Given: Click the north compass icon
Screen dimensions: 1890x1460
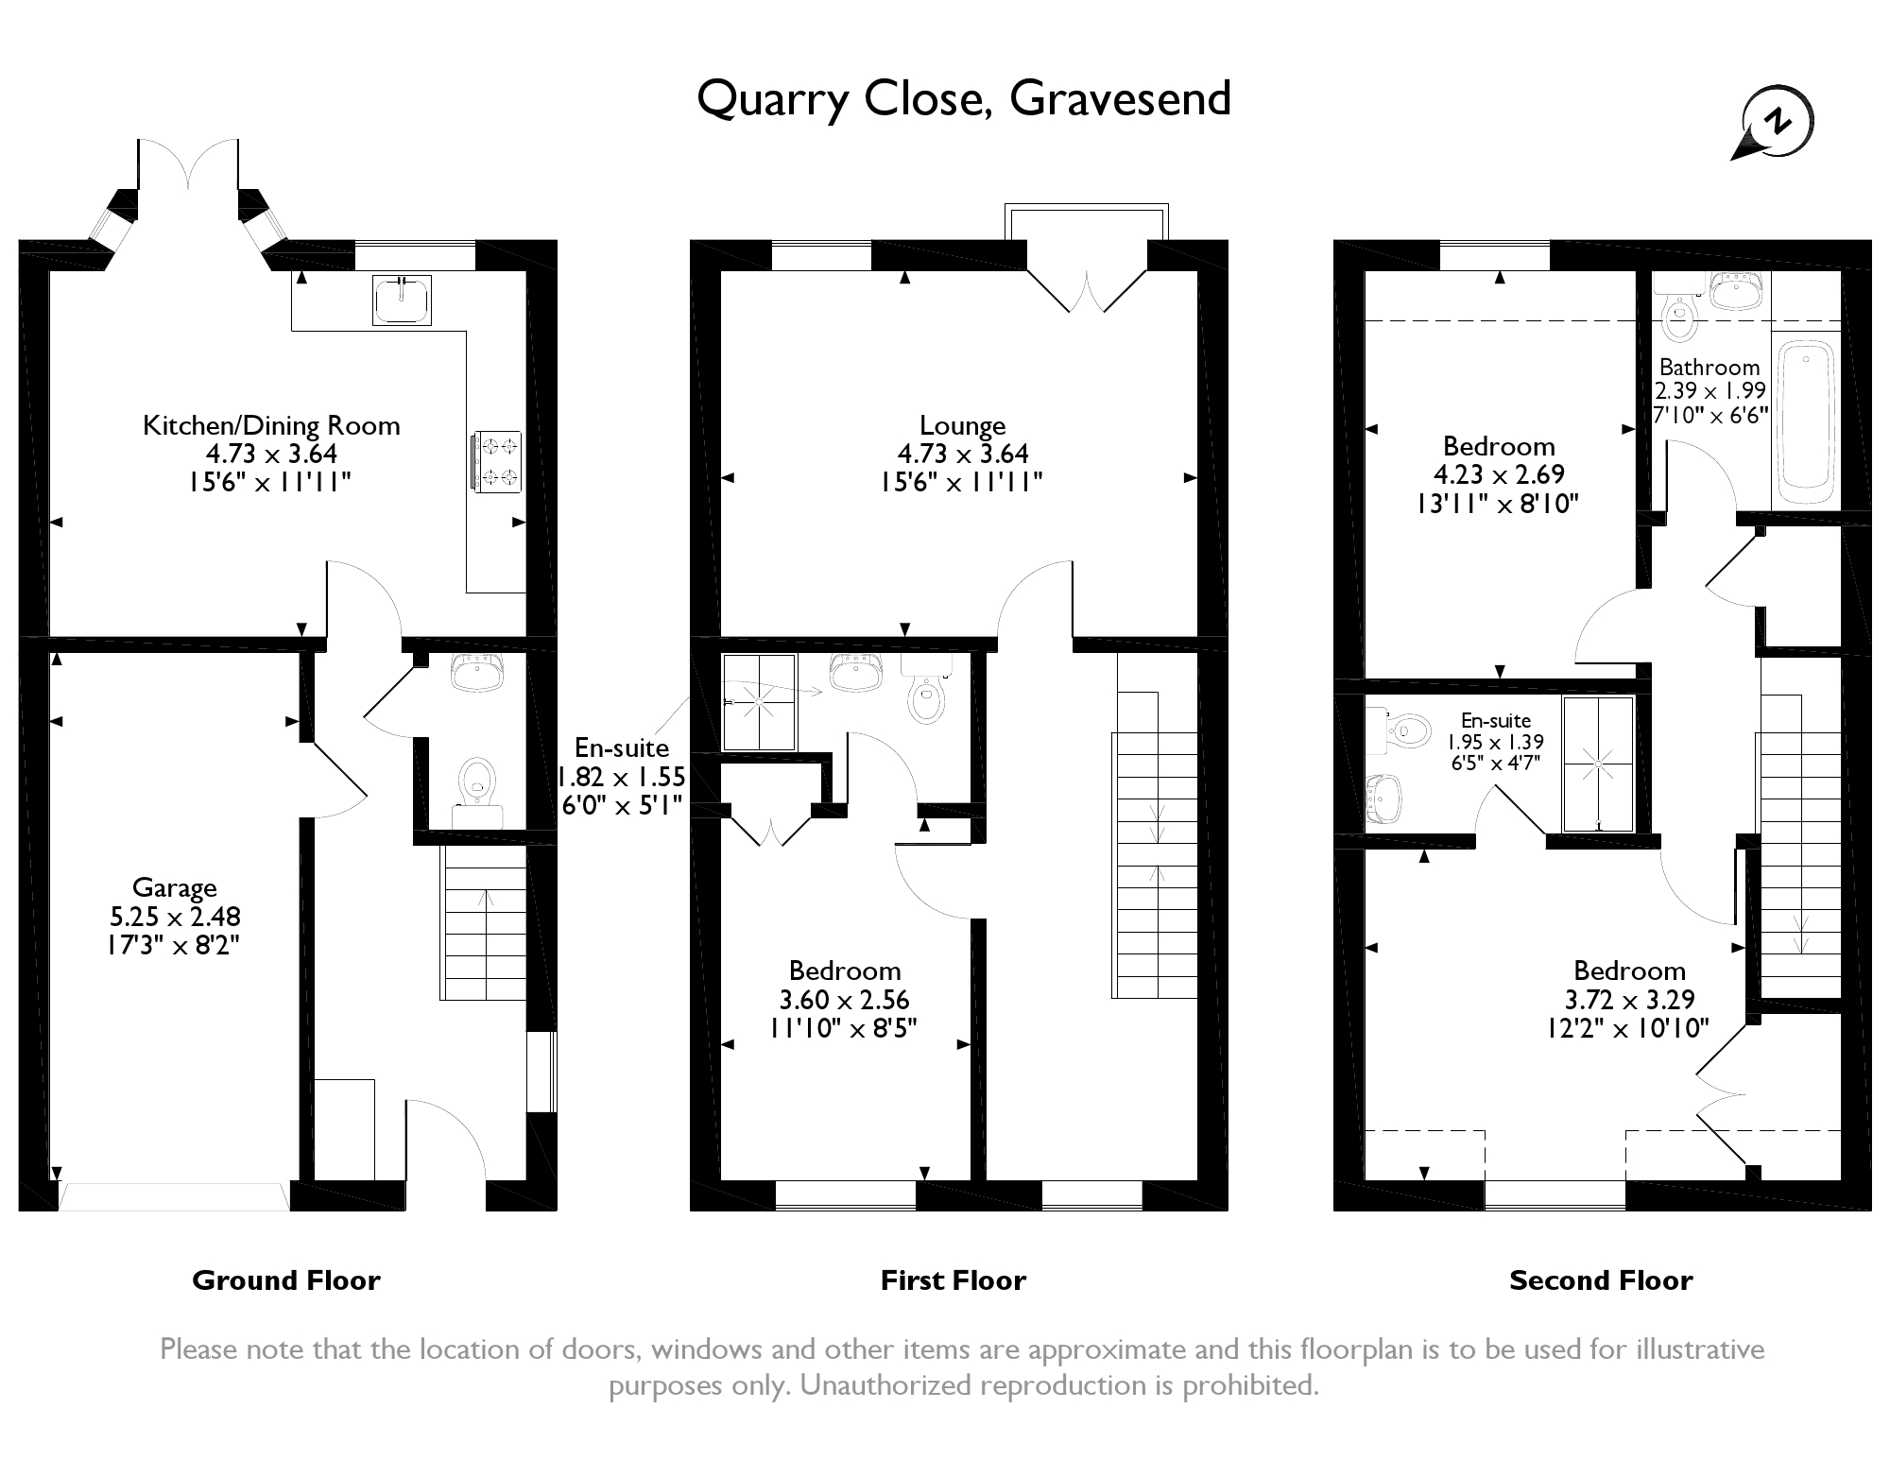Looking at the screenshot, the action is click(1776, 124).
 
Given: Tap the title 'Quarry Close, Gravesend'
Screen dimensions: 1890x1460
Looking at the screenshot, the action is click(963, 99).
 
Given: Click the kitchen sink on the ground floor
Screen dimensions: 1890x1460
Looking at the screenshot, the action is click(402, 301).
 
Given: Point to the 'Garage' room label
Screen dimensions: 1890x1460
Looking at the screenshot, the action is click(175, 887).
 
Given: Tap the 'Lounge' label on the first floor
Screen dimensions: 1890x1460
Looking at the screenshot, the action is click(962, 425).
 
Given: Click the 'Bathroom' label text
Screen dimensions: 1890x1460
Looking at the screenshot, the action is click(1710, 367).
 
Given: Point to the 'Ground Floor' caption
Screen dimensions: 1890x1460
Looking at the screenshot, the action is click(285, 1280).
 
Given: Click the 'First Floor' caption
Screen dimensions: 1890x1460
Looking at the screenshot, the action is click(953, 1280).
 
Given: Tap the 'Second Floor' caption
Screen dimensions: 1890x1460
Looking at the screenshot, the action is click(1601, 1280).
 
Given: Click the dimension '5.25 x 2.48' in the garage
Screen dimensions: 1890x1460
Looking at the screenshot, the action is click(175, 916).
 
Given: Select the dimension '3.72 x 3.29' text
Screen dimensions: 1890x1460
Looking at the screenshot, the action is click(1629, 999).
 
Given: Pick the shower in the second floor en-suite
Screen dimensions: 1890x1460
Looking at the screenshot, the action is click(1598, 764).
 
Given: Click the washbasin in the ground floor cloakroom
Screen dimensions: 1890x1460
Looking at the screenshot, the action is click(477, 673).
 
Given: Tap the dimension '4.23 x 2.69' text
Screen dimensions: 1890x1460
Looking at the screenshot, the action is click(1499, 474).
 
